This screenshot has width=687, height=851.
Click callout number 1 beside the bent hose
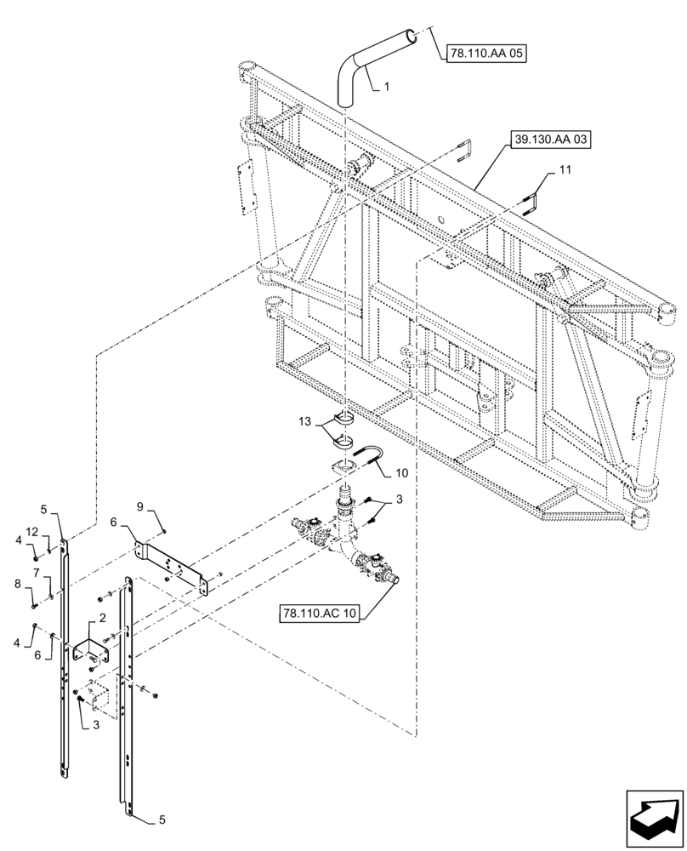click(387, 87)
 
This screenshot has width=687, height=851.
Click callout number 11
click(565, 171)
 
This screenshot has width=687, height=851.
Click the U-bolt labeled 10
click(367, 456)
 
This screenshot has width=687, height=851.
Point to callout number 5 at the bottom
click(162, 821)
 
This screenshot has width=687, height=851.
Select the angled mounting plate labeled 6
click(174, 566)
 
